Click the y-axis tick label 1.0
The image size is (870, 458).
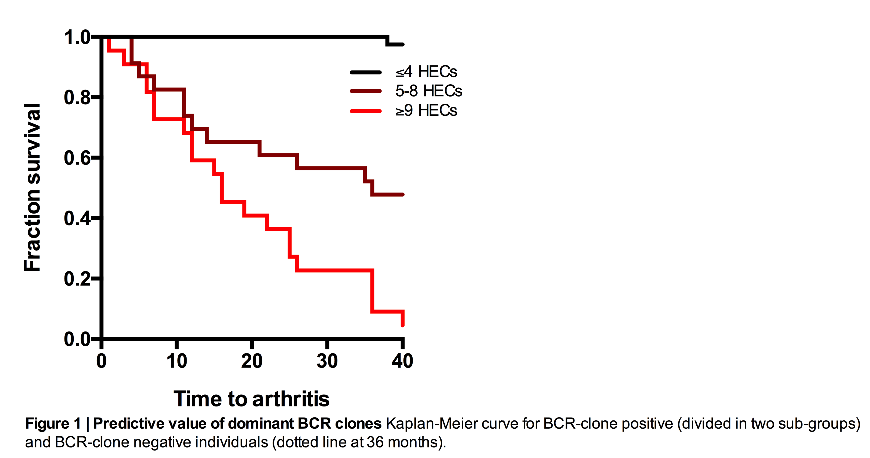click(77, 37)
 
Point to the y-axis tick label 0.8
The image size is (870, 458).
click(77, 98)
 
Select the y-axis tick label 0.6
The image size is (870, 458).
click(77, 158)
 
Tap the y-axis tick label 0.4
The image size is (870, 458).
click(77, 219)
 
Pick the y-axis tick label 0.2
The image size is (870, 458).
click(77, 279)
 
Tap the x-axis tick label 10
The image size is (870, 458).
click(177, 361)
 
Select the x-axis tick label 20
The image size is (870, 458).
click(252, 361)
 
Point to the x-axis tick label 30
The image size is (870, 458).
click(327, 361)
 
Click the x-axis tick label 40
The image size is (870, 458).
click(402, 361)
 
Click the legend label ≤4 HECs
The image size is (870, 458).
click(426, 72)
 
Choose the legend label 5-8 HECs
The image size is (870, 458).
click(429, 91)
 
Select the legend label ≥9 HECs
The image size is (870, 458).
click(426, 110)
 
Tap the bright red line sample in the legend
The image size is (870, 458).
click(366, 111)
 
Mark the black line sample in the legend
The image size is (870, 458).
click(366, 72)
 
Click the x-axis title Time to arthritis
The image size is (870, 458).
click(251, 399)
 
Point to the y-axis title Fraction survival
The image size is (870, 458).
click(32, 187)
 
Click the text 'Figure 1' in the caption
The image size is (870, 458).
click(53, 423)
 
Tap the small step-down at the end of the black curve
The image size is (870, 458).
click(387, 41)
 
